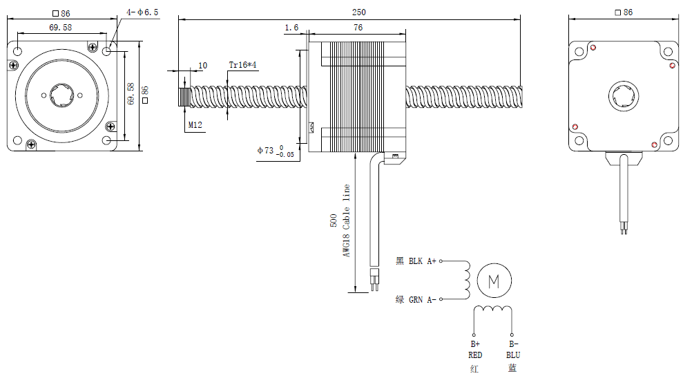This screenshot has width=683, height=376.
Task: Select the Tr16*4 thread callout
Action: coord(243,64)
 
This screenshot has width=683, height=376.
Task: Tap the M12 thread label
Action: coord(195,125)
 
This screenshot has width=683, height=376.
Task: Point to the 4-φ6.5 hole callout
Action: coord(143,12)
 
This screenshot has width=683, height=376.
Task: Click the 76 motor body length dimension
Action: coord(358,28)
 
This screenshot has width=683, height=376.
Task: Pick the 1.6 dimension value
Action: coord(291,28)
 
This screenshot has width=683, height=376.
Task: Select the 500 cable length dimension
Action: coord(334,221)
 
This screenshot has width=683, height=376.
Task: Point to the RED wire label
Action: coord(475,355)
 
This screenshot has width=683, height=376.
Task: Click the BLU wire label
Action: coord(512,355)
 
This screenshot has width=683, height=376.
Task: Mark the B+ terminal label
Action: coord(475,344)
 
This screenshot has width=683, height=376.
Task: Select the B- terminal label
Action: coord(513,344)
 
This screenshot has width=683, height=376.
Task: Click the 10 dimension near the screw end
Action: coord(202,66)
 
